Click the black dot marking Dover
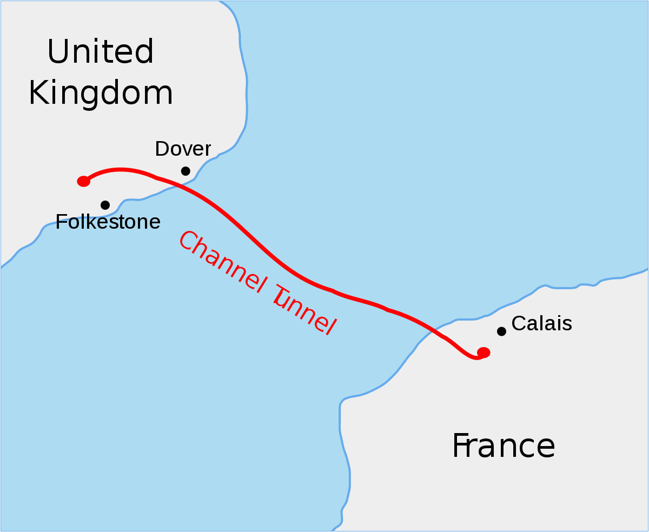[186, 171]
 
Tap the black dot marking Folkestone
[105, 205]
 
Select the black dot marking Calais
[501, 331]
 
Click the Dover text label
[183, 149]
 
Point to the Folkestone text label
[108, 222]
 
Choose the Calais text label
[541, 323]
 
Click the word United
[101, 52]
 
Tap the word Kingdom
[101, 93]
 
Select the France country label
[504, 446]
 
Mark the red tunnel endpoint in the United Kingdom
[83, 181]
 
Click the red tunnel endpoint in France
[484, 353]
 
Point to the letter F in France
[461, 446]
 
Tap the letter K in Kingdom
[40, 93]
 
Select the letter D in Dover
[162, 149]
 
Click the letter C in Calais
[518, 323]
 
